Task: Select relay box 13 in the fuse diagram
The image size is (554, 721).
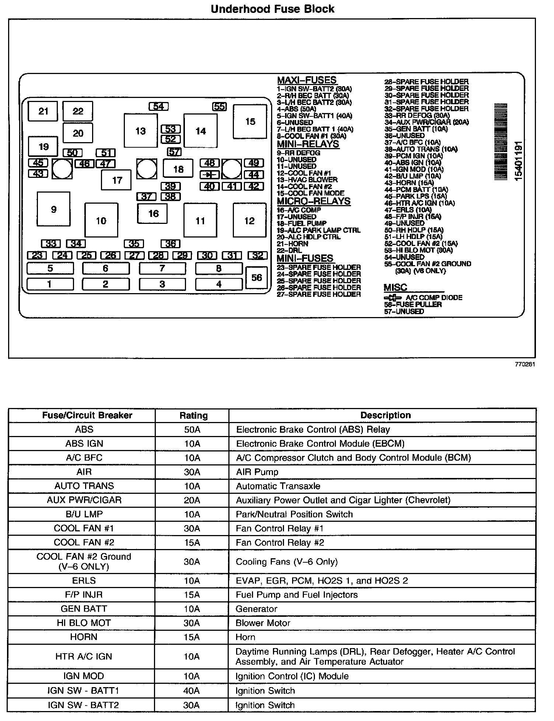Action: click(140, 131)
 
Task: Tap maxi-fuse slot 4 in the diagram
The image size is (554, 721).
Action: click(219, 284)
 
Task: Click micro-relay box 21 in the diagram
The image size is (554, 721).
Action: click(43, 111)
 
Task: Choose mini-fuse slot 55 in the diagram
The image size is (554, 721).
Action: click(219, 106)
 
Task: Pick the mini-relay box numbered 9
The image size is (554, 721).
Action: click(53, 209)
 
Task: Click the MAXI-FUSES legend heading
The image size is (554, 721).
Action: click(306, 80)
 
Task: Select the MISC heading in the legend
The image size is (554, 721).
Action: click(395, 288)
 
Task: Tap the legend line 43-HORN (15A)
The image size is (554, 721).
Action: click(409, 183)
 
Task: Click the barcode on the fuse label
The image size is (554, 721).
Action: click(501, 142)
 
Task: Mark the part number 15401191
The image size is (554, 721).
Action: click(518, 161)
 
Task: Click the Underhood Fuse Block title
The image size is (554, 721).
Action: click(272, 9)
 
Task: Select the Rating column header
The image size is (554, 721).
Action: click(193, 415)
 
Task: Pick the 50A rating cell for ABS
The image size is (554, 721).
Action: click(192, 429)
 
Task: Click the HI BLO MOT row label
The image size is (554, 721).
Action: click(84, 623)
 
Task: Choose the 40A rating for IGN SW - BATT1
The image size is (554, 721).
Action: click(192, 690)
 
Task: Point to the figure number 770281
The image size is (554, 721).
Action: click(525, 364)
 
